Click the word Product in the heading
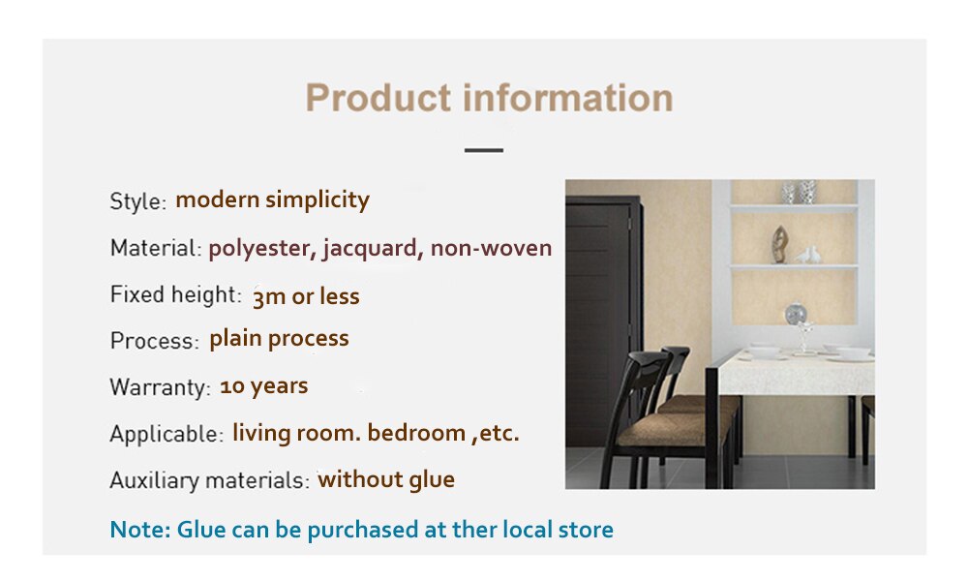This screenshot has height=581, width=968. [x=378, y=98]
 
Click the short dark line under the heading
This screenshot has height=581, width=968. [x=484, y=150]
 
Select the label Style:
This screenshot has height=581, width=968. [x=138, y=201]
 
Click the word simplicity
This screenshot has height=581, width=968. [x=318, y=200]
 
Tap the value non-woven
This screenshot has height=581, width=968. [x=491, y=248]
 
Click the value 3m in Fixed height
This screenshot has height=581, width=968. [x=269, y=297]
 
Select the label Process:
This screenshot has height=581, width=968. [x=154, y=340]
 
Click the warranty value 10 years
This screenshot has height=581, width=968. [x=263, y=386]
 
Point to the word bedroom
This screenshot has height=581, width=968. [x=416, y=433]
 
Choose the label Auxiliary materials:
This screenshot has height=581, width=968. [x=209, y=480]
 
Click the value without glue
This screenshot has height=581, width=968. [x=386, y=479]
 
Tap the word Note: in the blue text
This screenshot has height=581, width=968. [x=140, y=530]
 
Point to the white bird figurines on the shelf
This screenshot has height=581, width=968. [x=808, y=255]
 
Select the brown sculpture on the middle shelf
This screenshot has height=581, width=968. [x=779, y=244]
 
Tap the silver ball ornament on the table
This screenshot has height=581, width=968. [x=795, y=315]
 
